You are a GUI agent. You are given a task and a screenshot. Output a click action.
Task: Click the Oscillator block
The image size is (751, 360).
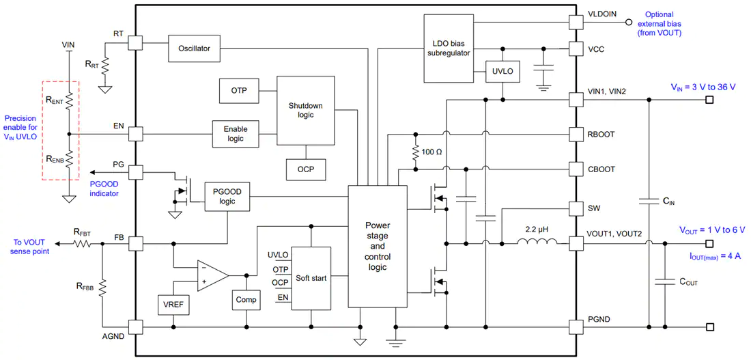pyautogui.click(x=194, y=48)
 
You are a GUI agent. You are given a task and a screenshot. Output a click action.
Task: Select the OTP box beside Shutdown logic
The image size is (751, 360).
pyautogui.click(x=238, y=91)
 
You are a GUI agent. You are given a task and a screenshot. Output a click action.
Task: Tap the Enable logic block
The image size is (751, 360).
pyautogui.click(x=235, y=134)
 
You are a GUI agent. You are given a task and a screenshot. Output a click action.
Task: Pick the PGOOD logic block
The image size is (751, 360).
pyautogui.click(x=227, y=197)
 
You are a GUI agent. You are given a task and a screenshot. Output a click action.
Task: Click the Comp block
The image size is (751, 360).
pyautogui.click(x=246, y=301)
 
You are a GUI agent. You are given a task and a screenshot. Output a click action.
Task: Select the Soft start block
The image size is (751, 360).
pyautogui.click(x=311, y=278)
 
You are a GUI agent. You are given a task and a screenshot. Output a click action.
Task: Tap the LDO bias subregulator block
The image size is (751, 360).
pyautogui.click(x=448, y=48)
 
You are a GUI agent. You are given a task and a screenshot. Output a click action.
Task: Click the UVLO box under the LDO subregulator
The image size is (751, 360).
pyautogui.click(x=502, y=72)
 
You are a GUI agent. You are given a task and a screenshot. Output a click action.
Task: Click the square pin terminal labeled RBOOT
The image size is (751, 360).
pyautogui.click(x=576, y=134)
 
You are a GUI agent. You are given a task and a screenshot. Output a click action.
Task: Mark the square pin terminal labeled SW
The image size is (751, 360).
pyautogui.click(x=576, y=208)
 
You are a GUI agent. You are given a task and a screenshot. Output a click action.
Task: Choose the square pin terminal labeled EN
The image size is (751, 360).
pyautogui.click(x=136, y=134)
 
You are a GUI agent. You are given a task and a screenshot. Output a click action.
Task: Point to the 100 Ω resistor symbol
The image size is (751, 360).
pyautogui.click(x=416, y=152)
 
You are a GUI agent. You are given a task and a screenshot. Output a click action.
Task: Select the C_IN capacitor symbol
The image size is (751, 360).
pyautogui.click(x=649, y=202)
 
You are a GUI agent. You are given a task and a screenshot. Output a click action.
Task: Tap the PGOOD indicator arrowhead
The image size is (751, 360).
pyautogui.click(x=92, y=172)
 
